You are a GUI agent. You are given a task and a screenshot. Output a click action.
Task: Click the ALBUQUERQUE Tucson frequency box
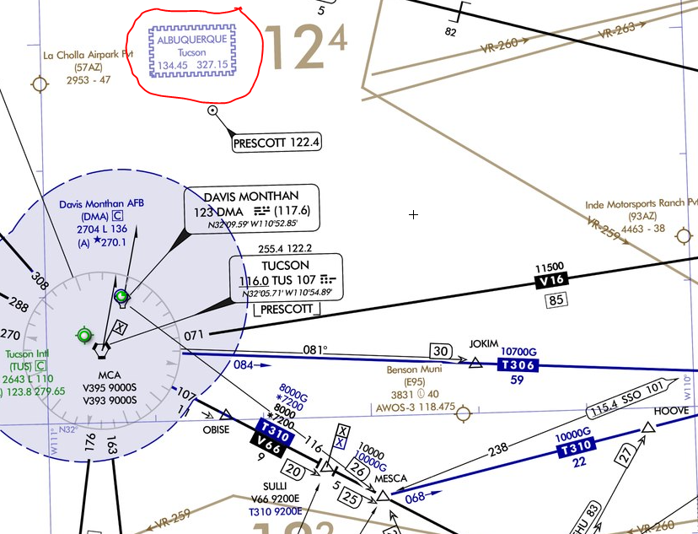192,51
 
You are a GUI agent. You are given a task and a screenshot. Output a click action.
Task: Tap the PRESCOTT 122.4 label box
277,143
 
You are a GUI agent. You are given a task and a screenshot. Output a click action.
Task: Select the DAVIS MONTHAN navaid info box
251,208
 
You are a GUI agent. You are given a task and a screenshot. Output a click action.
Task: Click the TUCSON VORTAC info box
287,277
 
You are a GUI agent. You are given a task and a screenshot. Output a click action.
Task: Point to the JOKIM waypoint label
485,345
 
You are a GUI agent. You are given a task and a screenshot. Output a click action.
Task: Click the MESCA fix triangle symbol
384,495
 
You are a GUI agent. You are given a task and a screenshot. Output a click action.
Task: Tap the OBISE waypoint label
217,429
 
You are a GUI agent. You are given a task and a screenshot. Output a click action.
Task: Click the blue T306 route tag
517,365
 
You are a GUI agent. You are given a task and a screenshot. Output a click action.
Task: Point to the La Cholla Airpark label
89,55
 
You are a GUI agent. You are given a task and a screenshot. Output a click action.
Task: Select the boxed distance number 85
556,300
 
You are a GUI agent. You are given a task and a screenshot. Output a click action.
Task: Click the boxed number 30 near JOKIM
439,351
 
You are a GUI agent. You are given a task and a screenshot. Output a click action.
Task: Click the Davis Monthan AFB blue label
94,204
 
